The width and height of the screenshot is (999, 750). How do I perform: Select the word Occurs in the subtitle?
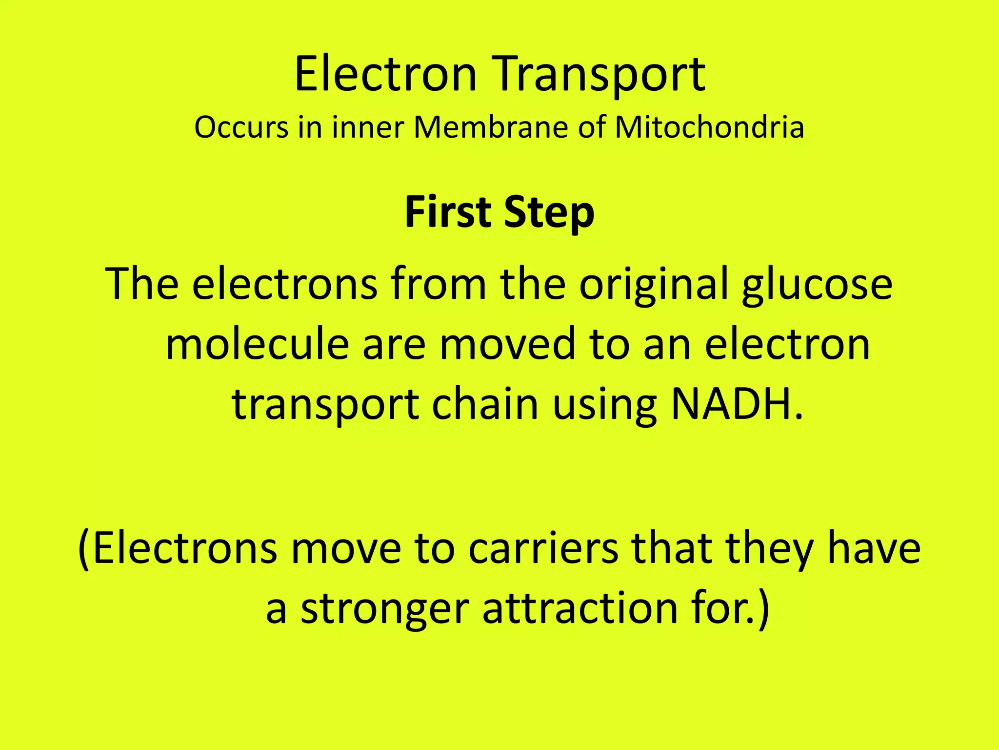coord(241,127)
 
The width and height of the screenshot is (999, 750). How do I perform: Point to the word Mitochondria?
coord(709,127)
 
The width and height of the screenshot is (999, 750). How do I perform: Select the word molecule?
coord(257,344)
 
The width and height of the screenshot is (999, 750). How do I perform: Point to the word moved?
coord(507,344)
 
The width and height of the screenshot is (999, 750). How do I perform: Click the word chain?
coord(485,404)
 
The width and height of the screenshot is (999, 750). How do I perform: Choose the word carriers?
coord(543,549)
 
